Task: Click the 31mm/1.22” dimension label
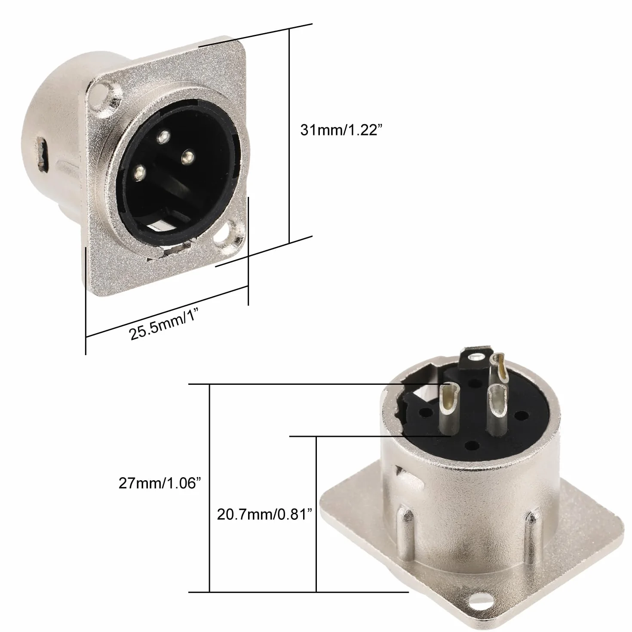(341, 130)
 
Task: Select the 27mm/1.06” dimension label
(160, 483)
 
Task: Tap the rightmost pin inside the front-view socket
(187, 157)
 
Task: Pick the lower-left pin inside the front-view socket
(140, 172)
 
